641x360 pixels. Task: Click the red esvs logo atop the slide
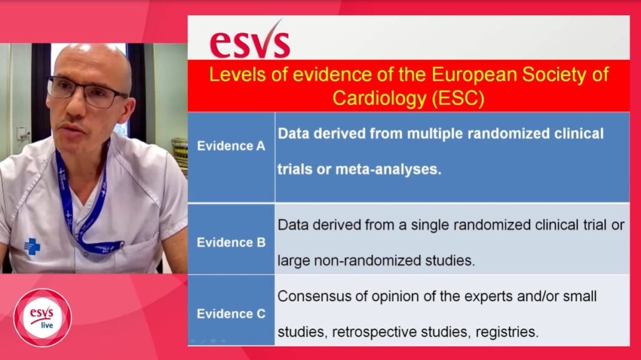[x=250, y=40]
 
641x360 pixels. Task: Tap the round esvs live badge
[x=43, y=318]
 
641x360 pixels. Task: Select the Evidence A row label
[x=231, y=146]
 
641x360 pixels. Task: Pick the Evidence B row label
[x=231, y=242]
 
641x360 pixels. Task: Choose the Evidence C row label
[x=231, y=314]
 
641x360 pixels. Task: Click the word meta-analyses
[x=388, y=170]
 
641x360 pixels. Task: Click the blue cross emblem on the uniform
[x=32, y=246]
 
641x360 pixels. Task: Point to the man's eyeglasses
[x=86, y=92]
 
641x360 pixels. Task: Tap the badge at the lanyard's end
[x=108, y=247]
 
